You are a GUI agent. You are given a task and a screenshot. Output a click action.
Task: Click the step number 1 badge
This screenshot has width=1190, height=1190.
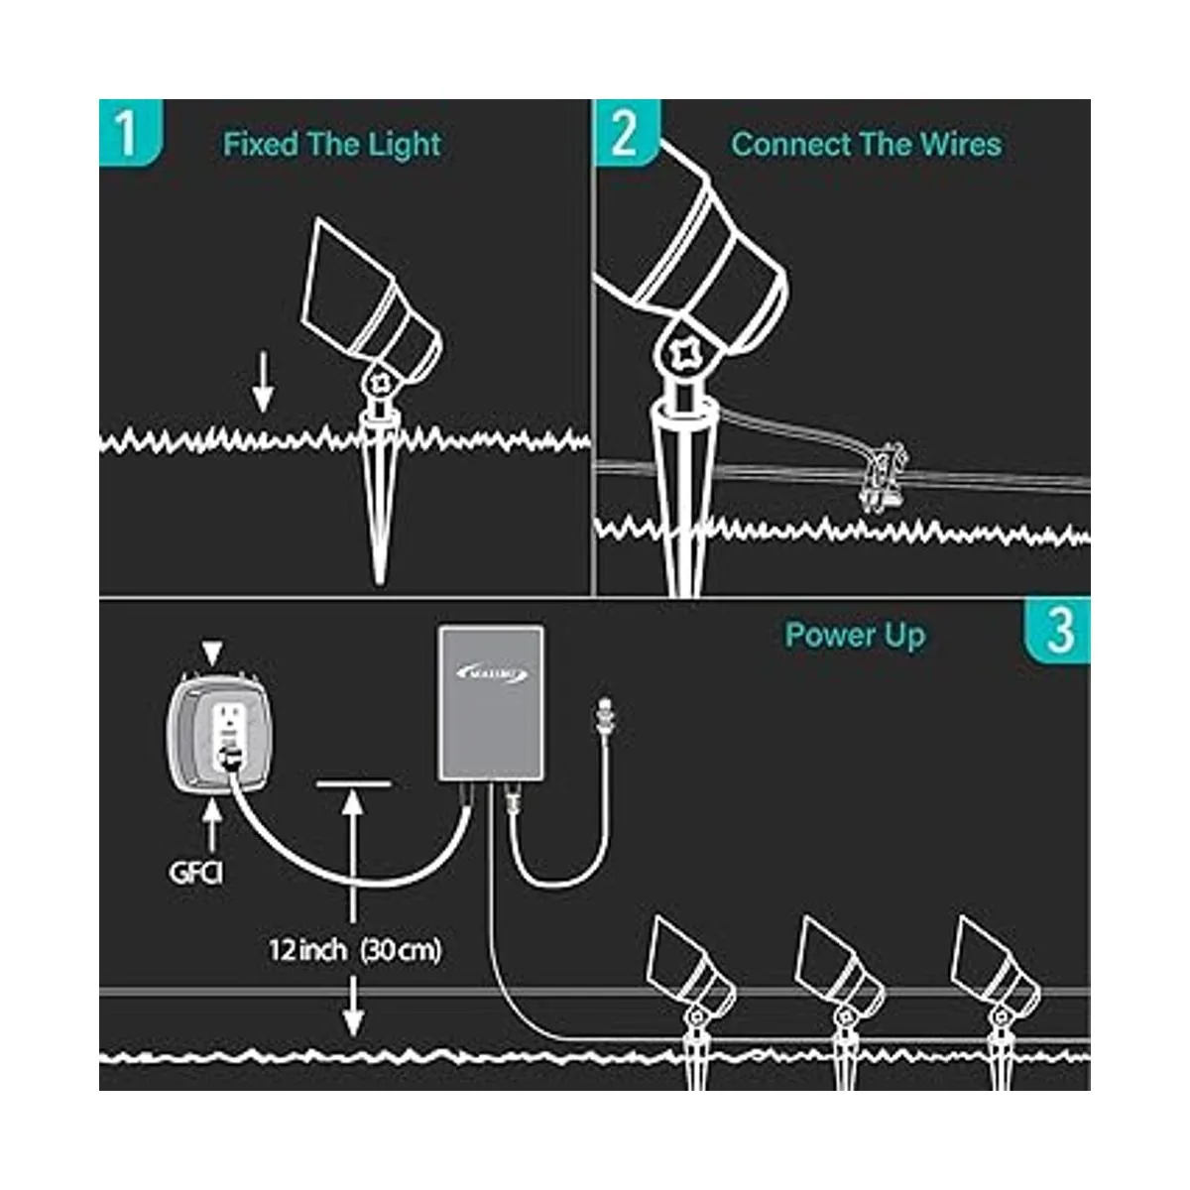click(x=127, y=133)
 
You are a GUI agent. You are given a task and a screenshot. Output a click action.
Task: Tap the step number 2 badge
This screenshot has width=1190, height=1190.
click(x=624, y=133)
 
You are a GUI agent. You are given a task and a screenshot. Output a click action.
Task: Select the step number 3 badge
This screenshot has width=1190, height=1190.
click(x=1058, y=631)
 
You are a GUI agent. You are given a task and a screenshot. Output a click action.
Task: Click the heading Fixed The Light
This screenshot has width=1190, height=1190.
click(x=331, y=145)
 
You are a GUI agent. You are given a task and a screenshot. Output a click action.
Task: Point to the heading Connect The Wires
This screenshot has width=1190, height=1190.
click(x=866, y=145)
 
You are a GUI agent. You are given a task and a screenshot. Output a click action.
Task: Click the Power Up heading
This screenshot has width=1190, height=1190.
click(x=855, y=636)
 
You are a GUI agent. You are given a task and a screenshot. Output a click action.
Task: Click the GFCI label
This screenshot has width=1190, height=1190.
click(x=195, y=874)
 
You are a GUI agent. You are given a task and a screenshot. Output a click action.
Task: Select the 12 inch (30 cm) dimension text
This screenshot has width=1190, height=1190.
click(x=354, y=950)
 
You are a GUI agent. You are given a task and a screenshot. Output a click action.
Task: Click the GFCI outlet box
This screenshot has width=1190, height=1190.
click(x=214, y=733)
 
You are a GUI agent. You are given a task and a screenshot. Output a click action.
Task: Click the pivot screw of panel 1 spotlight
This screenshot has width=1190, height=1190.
click(x=380, y=382)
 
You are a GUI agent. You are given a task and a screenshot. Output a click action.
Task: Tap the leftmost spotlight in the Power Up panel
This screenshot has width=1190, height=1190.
click(x=689, y=967)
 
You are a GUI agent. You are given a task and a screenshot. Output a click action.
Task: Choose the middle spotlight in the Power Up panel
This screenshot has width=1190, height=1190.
click(x=840, y=967)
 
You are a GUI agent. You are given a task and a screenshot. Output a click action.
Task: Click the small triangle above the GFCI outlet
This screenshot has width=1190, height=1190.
click(x=212, y=652)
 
